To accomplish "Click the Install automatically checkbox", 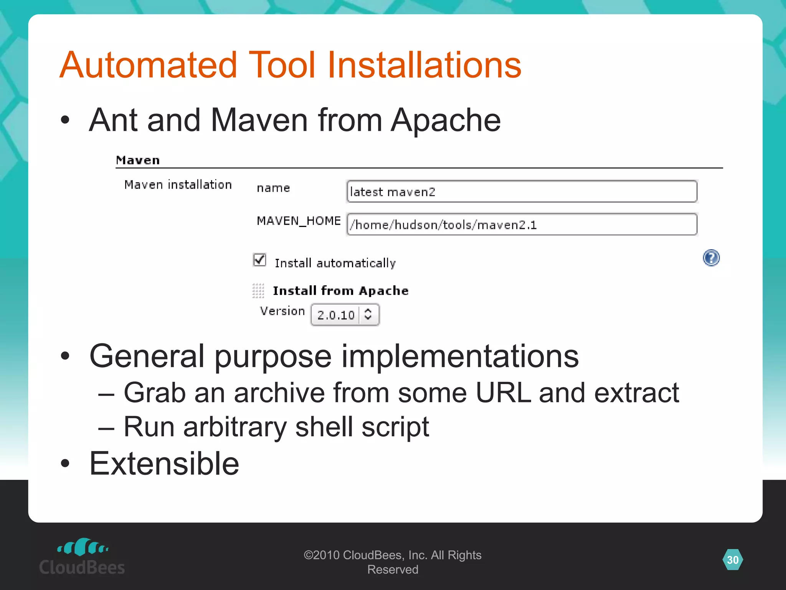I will click(260, 260).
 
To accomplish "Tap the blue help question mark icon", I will click(711, 258).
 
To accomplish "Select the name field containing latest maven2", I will click(522, 191).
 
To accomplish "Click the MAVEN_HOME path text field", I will click(522, 224).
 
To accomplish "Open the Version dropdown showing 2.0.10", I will click(345, 315).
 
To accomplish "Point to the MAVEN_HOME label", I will click(299, 221).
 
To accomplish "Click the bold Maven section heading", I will click(138, 160).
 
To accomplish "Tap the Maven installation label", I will click(178, 185).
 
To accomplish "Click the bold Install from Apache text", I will click(340, 291).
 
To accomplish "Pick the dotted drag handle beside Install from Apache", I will click(258, 291).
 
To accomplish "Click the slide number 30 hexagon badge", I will click(733, 560).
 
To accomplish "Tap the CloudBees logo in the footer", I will click(82, 557).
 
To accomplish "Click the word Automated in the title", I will click(149, 65).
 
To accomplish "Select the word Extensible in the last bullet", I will click(164, 464).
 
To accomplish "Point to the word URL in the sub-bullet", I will click(503, 393).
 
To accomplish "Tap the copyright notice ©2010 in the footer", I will click(322, 555).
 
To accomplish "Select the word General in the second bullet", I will click(147, 356).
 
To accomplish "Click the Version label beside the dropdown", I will click(282, 311).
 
